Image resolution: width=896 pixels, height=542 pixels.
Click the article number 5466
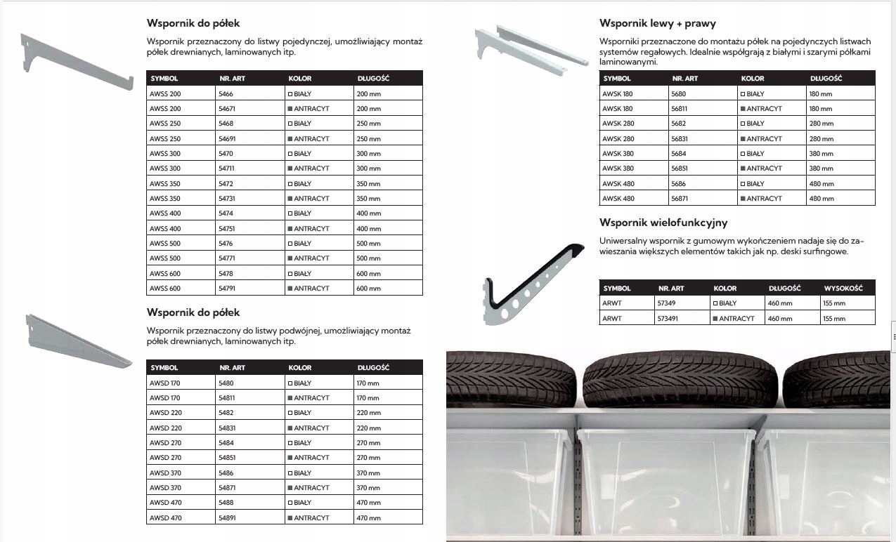point(226,93)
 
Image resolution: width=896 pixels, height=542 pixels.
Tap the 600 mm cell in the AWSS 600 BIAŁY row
point(369,274)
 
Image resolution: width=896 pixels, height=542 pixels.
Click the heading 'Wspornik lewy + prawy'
point(658,23)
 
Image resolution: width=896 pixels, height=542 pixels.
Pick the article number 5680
point(679,93)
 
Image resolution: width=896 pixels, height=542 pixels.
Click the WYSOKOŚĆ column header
point(843,289)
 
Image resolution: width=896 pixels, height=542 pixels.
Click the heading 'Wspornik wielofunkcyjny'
point(663,223)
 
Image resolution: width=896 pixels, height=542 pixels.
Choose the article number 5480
point(226,383)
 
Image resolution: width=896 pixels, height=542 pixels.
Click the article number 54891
point(228,518)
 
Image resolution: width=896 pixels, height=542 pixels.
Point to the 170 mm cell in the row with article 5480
point(368,383)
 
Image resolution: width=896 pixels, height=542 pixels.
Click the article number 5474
point(226,213)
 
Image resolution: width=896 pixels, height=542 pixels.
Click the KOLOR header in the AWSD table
point(300,368)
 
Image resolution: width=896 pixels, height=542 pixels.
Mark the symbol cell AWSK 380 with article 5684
point(618,154)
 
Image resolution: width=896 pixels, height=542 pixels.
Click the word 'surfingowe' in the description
point(826,251)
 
